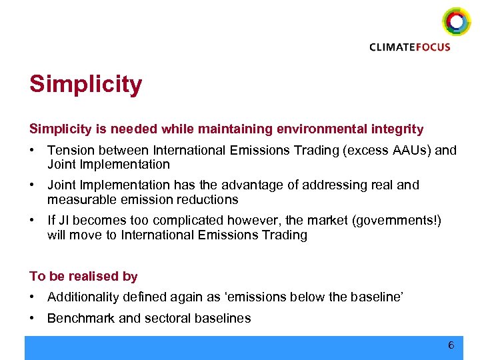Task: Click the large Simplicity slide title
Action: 85,85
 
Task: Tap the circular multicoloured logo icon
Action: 456,22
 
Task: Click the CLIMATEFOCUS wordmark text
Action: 410,47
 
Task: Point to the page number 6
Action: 451,345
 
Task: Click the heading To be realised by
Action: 83,276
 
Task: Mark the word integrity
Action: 397,129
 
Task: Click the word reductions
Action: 209,199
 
